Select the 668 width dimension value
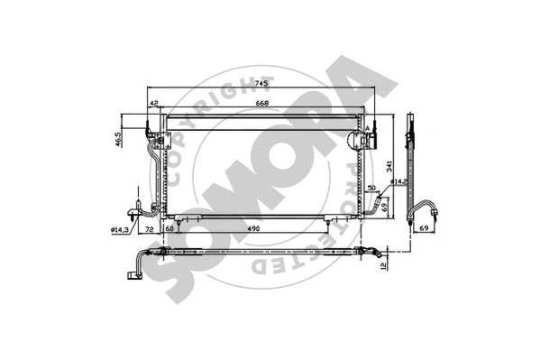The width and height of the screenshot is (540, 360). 261,102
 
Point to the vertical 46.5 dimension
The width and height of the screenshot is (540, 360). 117,139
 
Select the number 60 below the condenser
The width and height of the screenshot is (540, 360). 169,230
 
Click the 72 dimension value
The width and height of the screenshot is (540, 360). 150,230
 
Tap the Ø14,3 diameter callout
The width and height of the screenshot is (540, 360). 123,230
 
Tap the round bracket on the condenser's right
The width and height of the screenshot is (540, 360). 354,142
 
